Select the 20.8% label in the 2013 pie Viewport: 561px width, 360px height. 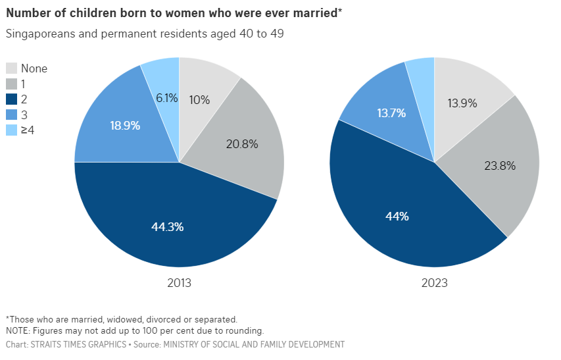tap(241, 143)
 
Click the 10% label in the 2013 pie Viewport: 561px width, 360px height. tap(199, 100)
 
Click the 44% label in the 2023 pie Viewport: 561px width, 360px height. tap(397, 217)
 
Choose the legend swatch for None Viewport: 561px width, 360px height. tap(12, 68)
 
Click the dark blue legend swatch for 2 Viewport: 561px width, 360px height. tap(12, 99)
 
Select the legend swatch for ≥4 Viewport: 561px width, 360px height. tap(12, 130)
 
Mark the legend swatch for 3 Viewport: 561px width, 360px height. tap(12, 115)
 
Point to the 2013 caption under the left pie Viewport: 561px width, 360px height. tap(179, 283)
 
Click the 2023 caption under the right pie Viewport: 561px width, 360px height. tap(435, 283)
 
